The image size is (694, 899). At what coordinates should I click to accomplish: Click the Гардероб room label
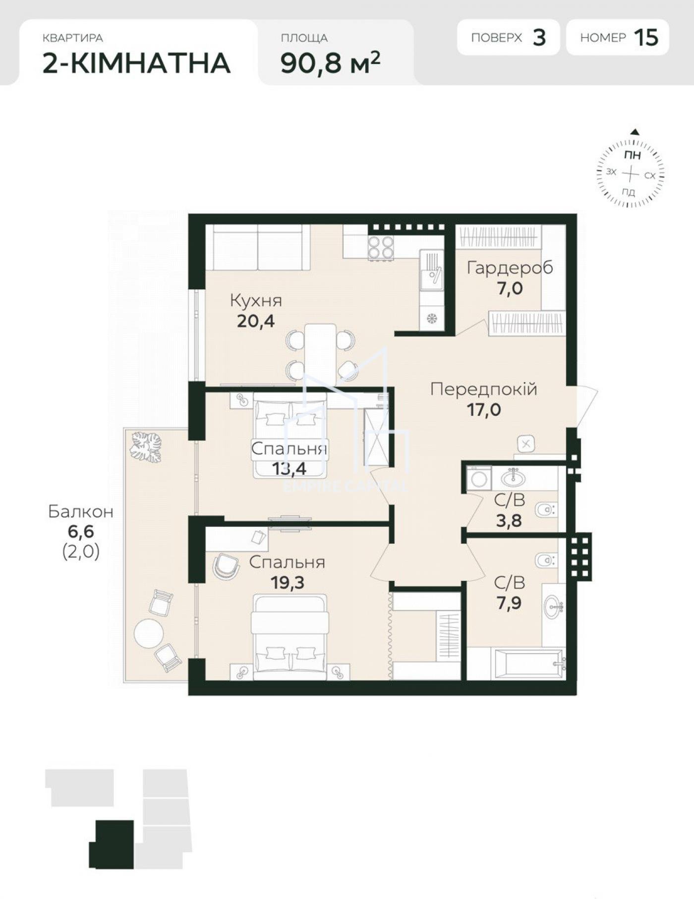[510, 268]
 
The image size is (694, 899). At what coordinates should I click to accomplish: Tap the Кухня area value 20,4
[256, 321]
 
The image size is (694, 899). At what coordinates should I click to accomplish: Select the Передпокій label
[484, 389]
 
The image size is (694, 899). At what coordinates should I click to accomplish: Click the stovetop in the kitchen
[381, 247]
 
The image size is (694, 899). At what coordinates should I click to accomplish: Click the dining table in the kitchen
[320, 353]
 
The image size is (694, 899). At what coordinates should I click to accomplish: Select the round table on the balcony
[149, 633]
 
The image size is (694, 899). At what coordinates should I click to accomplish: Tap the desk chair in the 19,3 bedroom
[226, 566]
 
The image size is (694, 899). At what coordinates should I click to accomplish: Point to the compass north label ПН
[632, 155]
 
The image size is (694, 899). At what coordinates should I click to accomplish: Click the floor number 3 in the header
[539, 37]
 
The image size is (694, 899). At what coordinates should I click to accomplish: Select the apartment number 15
[646, 37]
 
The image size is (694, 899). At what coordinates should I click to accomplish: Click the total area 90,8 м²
[331, 62]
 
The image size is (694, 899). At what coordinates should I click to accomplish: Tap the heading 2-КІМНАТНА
[137, 63]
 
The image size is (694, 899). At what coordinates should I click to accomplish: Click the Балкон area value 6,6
[81, 532]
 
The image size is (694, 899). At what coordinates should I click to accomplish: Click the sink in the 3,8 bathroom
[514, 478]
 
